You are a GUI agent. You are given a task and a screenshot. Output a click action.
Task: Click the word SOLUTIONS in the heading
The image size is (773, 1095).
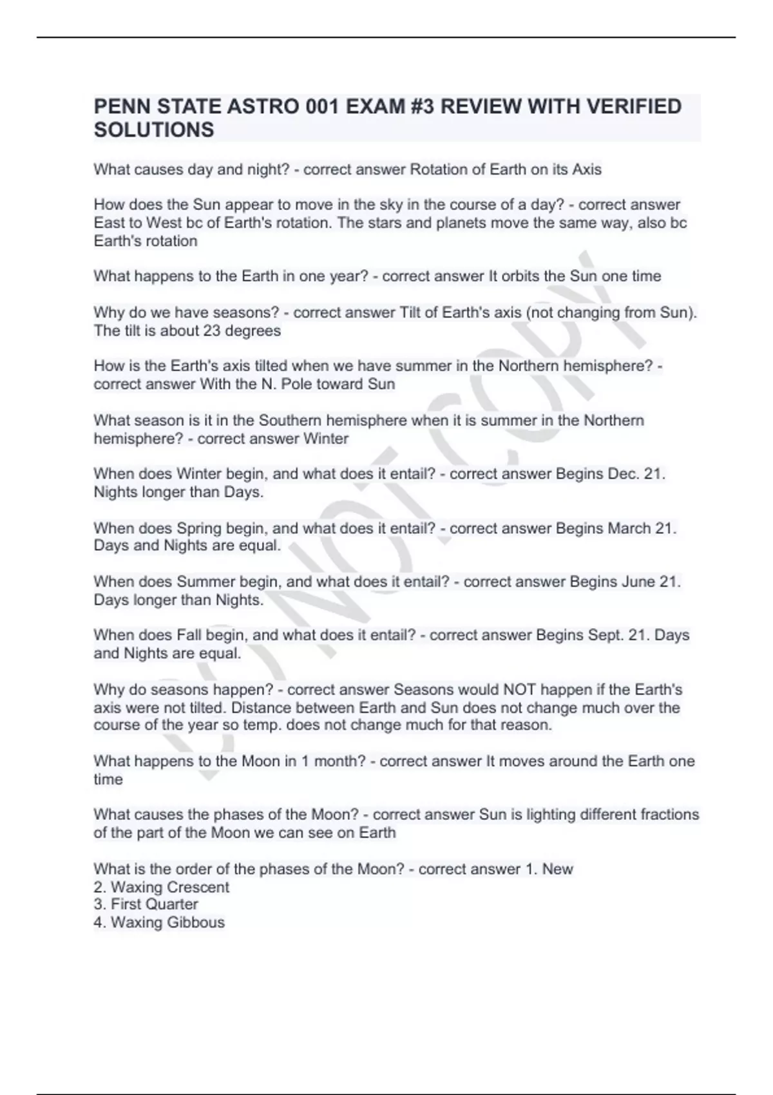click(x=154, y=129)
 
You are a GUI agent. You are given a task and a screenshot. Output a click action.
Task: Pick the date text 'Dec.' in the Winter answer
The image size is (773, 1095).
click(x=624, y=473)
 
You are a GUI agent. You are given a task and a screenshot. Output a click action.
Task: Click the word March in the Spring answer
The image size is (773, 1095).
click(x=629, y=528)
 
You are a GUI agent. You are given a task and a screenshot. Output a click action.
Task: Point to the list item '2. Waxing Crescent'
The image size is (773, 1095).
click(x=161, y=887)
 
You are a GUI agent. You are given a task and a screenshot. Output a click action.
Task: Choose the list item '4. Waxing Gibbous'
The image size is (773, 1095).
click(x=159, y=922)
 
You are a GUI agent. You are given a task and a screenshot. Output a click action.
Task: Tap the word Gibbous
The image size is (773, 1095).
click(x=196, y=922)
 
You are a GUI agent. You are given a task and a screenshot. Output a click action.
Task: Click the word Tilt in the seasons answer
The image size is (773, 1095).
click(x=409, y=312)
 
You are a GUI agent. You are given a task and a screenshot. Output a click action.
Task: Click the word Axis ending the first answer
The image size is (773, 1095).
click(x=587, y=169)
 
